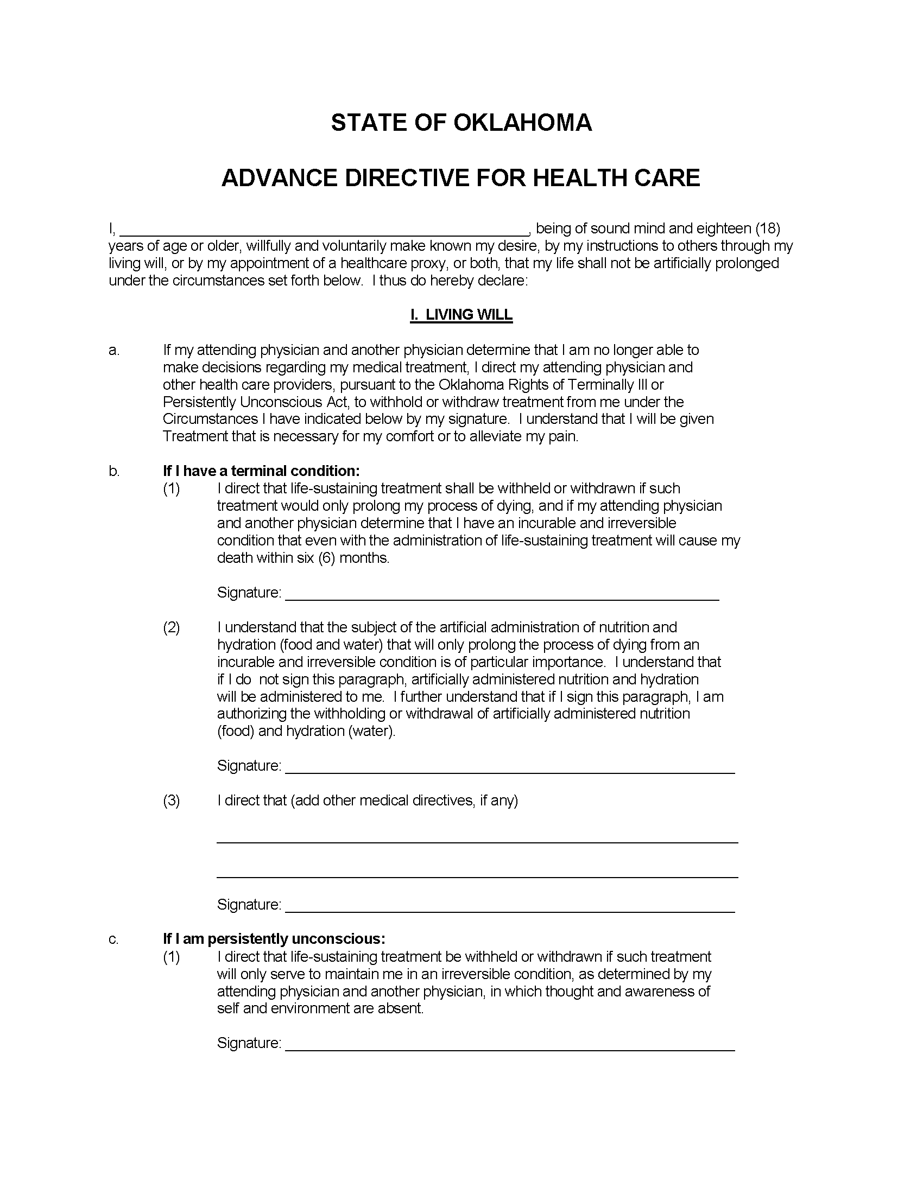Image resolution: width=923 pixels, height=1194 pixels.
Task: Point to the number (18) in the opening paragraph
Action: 767,228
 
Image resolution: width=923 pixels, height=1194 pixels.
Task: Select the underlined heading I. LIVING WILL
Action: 461,315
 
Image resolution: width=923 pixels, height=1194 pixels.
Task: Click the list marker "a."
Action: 113,350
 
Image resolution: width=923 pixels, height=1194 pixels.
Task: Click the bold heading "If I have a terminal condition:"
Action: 261,471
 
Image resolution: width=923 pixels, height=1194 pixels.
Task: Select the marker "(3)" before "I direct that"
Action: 171,801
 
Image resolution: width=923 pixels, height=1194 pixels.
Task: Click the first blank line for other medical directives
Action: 477,842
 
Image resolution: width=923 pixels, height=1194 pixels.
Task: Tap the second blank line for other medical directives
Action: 477,877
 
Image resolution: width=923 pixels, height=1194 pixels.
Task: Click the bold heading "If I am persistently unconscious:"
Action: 274,939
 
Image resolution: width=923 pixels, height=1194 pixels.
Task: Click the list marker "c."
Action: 113,939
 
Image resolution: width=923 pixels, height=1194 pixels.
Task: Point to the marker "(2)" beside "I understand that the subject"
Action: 171,627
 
